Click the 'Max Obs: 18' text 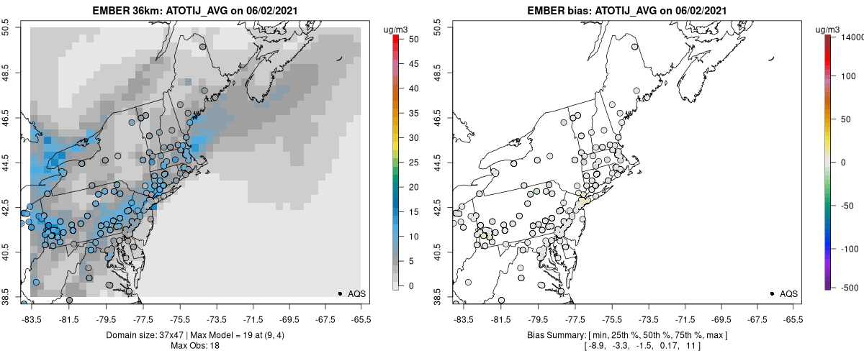(194, 346)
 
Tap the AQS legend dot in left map (340, 293)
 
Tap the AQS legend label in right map (789, 293)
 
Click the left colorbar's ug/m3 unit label (397, 29)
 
